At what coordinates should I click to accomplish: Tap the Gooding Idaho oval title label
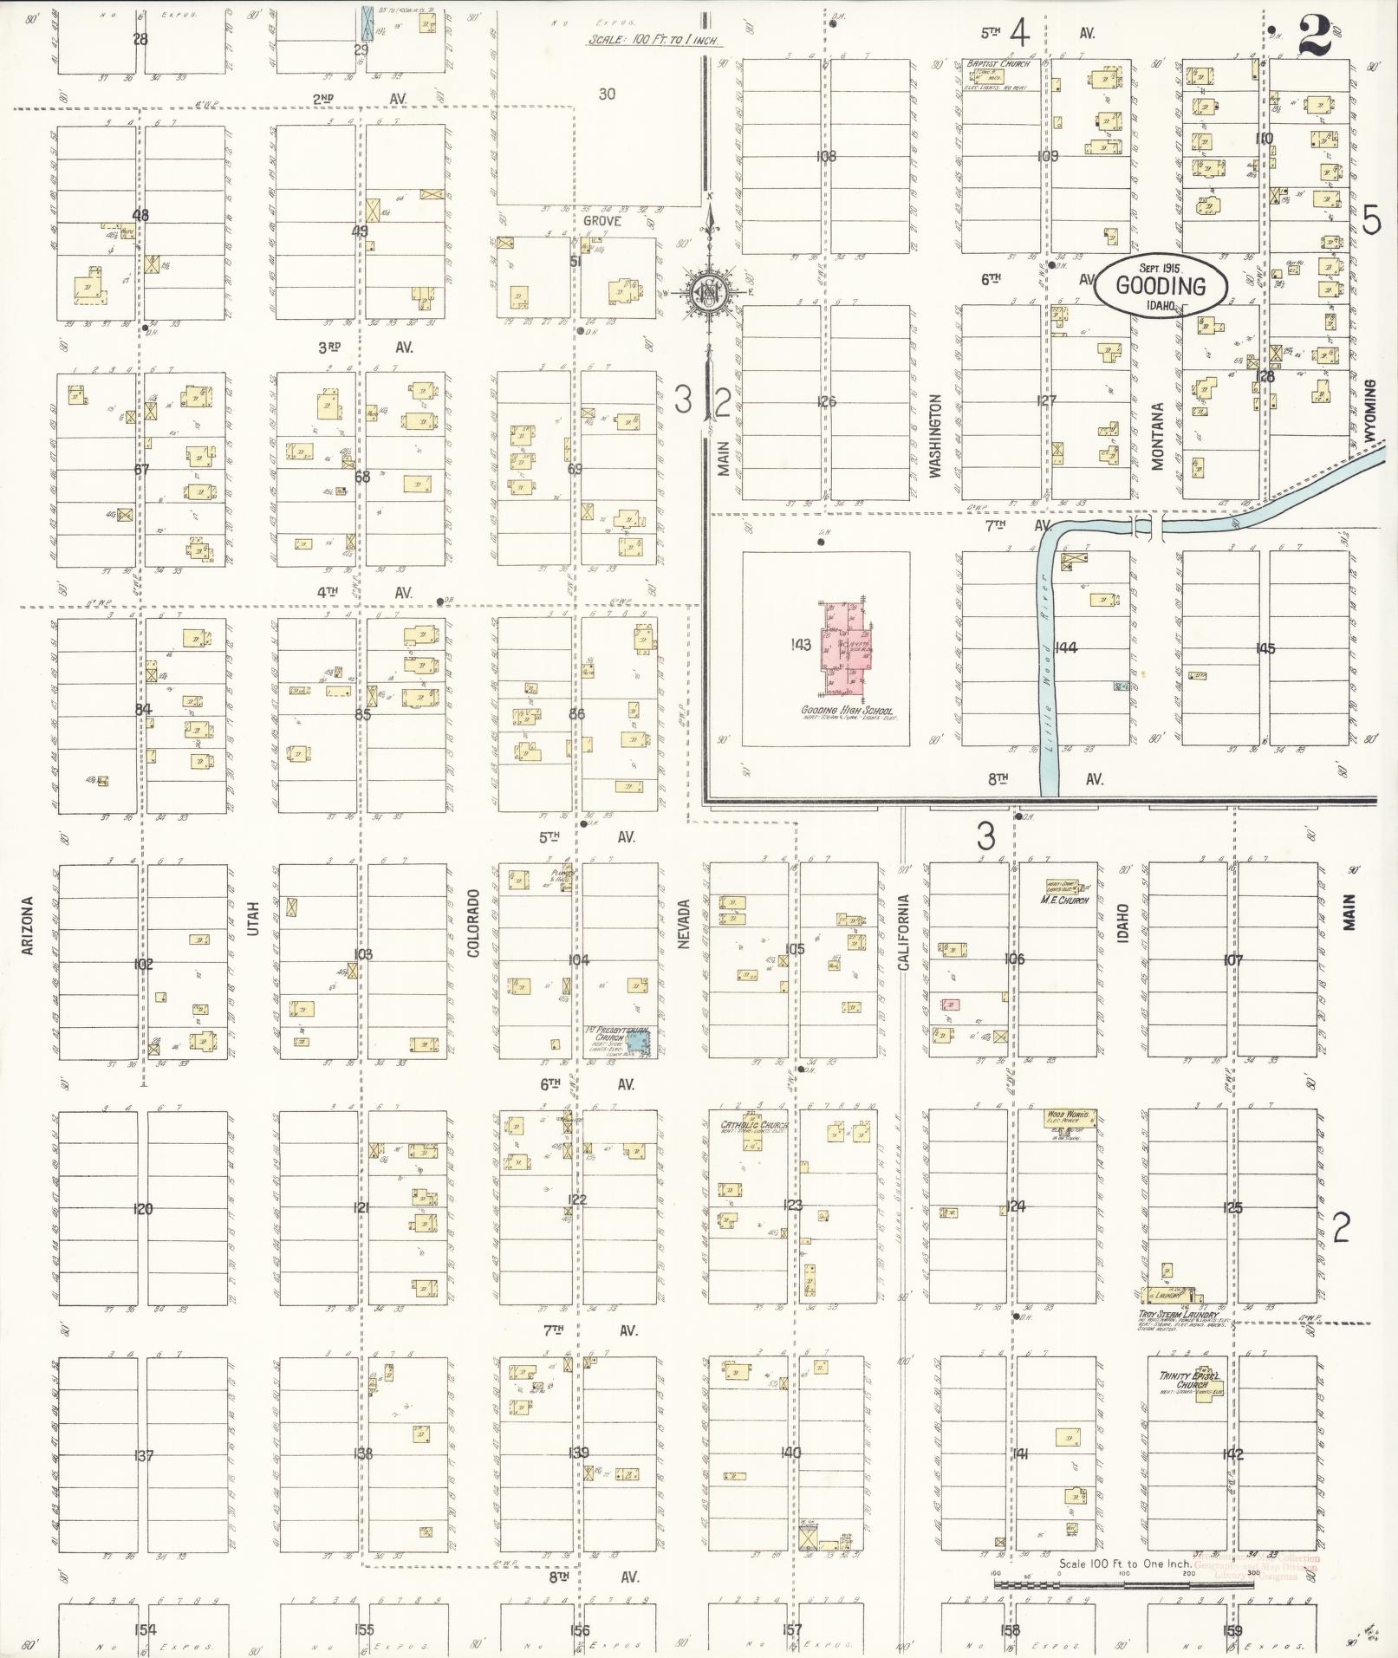click(x=1160, y=287)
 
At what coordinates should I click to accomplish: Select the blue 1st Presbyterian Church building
click(x=638, y=1040)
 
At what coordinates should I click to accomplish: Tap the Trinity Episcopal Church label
click(x=1190, y=1380)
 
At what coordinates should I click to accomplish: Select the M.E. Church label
click(x=1064, y=900)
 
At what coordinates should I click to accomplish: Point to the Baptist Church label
click(x=999, y=64)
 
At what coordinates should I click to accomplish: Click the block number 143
click(x=800, y=644)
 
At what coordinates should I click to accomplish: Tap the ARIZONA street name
click(x=27, y=926)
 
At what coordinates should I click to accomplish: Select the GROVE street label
click(x=601, y=221)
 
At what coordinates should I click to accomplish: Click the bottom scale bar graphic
click(x=1122, y=1583)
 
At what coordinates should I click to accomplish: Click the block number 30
click(x=607, y=94)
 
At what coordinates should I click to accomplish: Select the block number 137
click(x=144, y=1454)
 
